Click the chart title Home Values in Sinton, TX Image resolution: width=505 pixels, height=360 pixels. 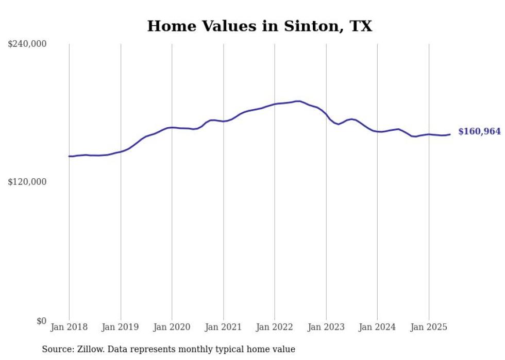(x=259, y=26)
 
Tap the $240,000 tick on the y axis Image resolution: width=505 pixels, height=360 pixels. (x=27, y=44)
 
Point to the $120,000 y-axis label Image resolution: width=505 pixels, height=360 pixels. (x=27, y=182)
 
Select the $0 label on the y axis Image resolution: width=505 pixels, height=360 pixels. (x=41, y=321)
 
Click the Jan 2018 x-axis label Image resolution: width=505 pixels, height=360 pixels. (x=69, y=327)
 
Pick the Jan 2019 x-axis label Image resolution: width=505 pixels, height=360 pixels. (x=121, y=327)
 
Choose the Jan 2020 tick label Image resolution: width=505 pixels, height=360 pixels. (x=172, y=327)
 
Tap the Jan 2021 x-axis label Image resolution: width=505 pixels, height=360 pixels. (x=223, y=327)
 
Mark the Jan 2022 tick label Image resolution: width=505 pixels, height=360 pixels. (x=275, y=327)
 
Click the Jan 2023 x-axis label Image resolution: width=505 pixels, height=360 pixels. (x=326, y=327)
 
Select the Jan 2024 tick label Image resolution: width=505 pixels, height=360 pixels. (x=377, y=327)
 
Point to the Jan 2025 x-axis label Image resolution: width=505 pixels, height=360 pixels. (x=429, y=327)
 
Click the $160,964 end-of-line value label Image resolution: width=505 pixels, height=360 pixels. (x=479, y=132)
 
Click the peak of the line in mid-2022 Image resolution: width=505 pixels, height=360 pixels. (x=298, y=101)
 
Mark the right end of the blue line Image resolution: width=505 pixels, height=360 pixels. (x=450, y=134)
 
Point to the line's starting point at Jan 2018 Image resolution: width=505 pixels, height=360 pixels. (x=69, y=156)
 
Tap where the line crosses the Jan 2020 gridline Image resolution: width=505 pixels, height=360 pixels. (x=172, y=127)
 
